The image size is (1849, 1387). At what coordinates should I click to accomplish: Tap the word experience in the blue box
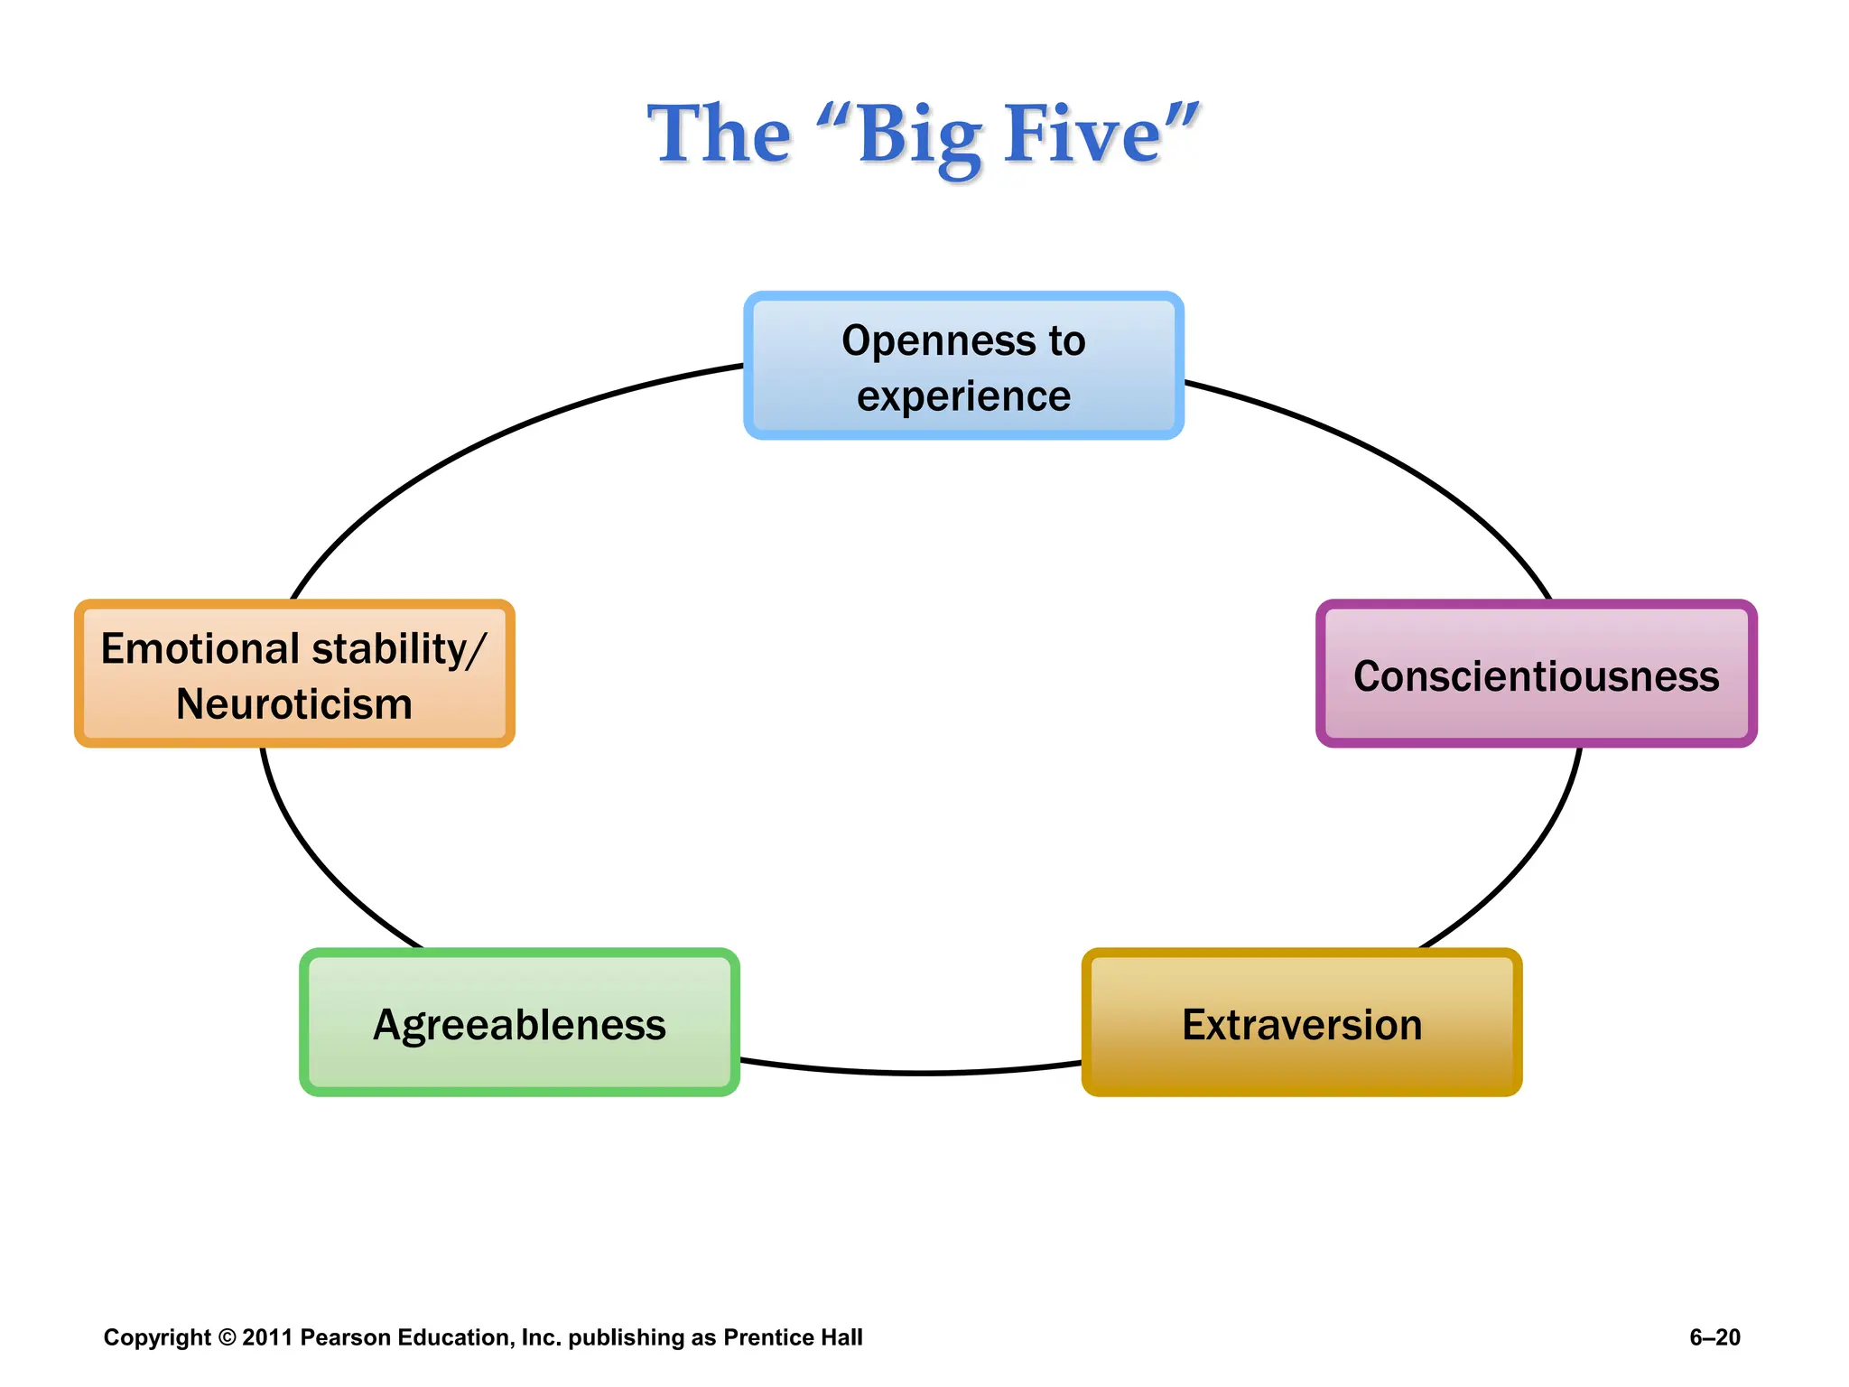pyautogui.click(x=963, y=397)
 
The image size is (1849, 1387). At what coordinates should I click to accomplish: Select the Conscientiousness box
pyautogui.click(x=1536, y=674)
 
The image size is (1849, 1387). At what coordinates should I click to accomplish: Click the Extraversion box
pyautogui.click(x=1301, y=1023)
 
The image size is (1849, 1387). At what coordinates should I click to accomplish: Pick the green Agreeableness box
pyautogui.click(x=519, y=1023)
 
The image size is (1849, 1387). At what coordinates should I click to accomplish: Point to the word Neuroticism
pyautogui.click(x=294, y=704)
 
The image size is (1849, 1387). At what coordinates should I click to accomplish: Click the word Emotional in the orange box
pyautogui.click(x=200, y=648)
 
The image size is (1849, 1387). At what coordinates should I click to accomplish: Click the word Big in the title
pyautogui.click(x=919, y=135)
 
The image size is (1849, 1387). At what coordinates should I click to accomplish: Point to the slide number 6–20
pyautogui.click(x=1714, y=1337)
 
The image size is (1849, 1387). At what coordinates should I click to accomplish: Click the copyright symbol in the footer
pyautogui.click(x=227, y=1337)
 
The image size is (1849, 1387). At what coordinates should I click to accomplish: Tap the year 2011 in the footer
pyautogui.click(x=267, y=1337)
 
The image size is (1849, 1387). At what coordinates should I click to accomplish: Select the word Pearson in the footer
pyautogui.click(x=347, y=1337)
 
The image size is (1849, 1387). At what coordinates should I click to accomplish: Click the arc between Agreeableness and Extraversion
pyautogui.click(x=912, y=1072)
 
